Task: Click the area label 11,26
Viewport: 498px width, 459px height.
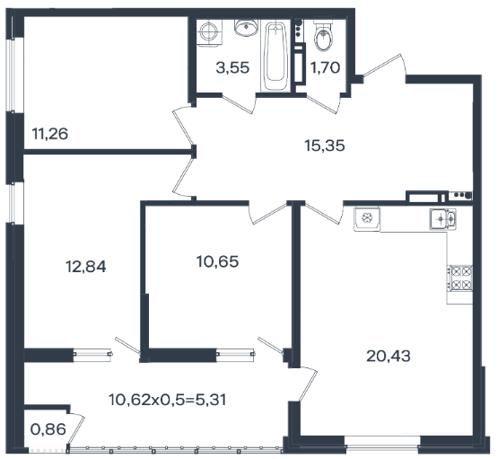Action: pyautogui.click(x=50, y=134)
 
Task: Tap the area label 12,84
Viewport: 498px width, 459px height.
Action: pyautogui.click(x=86, y=267)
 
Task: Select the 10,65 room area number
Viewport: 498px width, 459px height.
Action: pyautogui.click(x=217, y=261)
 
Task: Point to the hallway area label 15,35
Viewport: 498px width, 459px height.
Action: pyautogui.click(x=325, y=146)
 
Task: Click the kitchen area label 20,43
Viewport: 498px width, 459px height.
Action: pyautogui.click(x=389, y=356)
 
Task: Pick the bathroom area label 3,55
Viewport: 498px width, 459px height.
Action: pyautogui.click(x=232, y=67)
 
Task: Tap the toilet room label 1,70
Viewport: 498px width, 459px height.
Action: pyautogui.click(x=325, y=67)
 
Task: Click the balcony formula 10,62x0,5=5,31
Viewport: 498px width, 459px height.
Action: pyautogui.click(x=168, y=400)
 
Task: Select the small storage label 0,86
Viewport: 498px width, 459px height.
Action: pyautogui.click(x=48, y=429)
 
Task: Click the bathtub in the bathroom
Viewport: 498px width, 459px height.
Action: pyautogui.click(x=275, y=56)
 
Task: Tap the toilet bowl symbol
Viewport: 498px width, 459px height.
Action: pyautogui.click(x=324, y=36)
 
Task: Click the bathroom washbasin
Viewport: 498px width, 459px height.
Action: pyautogui.click(x=246, y=28)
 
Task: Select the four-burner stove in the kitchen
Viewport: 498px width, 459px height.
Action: pyautogui.click(x=460, y=278)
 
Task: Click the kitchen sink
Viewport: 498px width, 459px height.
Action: pyautogui.click(x=443, y=218)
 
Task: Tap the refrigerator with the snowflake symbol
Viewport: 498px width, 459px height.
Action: pyautogui.click(x=367, y=218)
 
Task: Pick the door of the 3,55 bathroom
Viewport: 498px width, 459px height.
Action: pyautogui.click(x=240, y=102)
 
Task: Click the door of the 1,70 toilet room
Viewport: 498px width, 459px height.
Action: pyautogui.click(x=325, y=102)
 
